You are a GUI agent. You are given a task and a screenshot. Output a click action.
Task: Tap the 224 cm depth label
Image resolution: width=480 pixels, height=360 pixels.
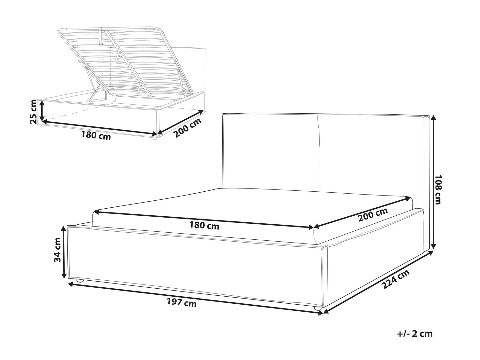pos(396,285)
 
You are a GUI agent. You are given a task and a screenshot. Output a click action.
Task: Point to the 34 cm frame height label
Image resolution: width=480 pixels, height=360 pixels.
pos(58,250)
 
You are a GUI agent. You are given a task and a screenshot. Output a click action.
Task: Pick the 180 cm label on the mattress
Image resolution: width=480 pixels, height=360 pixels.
pos(204,226)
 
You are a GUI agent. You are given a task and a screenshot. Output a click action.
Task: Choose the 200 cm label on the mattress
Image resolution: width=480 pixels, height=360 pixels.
pos(373,214)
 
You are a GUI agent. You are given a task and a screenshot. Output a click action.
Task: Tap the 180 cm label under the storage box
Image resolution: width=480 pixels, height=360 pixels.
pos(96,135)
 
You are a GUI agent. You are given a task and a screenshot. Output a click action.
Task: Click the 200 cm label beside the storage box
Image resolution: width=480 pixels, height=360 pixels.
pos(188,128)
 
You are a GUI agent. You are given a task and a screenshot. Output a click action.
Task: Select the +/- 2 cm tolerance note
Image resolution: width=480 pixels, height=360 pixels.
pos(415,340)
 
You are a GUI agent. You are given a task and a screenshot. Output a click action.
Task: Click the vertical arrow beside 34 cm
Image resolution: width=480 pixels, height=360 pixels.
pos(64,252)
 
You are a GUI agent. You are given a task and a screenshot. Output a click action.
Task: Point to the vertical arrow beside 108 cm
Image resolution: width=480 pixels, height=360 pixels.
pos(433,182)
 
